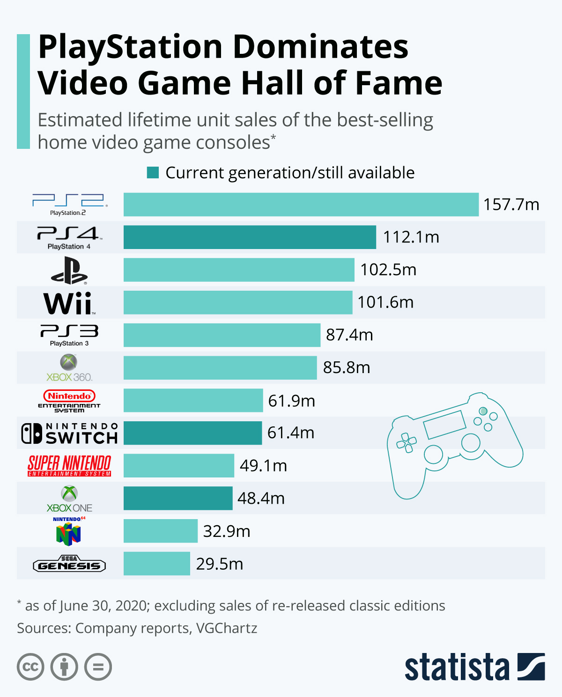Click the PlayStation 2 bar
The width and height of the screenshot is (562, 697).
pos(301,205)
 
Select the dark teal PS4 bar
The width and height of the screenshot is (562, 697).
pos(250,237)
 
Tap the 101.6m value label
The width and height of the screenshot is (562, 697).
pos(385,302)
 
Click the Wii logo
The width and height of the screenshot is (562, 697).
pos(69,303)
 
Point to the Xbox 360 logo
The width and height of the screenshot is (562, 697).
pos(69,368)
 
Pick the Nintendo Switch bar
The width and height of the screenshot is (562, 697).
pos(192,433)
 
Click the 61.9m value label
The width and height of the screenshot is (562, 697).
pos(291,401)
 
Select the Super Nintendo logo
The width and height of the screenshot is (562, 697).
pos(69,466)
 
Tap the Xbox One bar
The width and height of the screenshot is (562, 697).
pos(178,498)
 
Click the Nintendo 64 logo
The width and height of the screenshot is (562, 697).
pos(69,531)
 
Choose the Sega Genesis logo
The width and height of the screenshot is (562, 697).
pos(69,564)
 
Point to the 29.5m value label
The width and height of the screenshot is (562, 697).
pos(220,564)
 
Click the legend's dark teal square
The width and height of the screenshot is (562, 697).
pos(153,173)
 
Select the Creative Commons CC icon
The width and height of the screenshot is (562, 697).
pos(30,667)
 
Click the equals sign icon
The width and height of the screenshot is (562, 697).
pos(98,667)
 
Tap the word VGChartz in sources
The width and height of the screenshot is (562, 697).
pos(227,628)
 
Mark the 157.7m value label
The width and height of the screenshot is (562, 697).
pos(511,205)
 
